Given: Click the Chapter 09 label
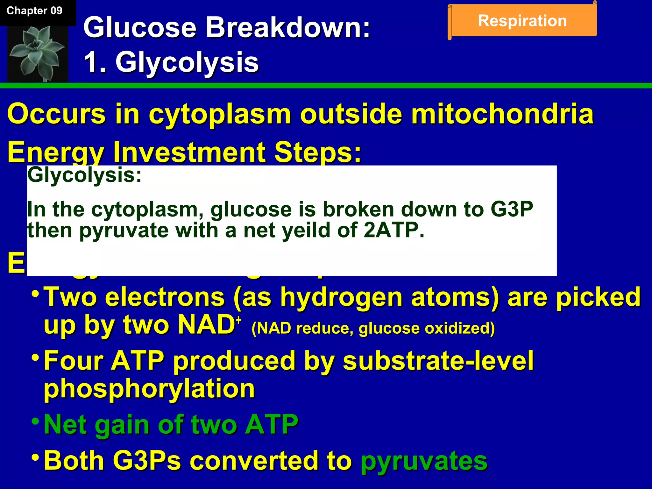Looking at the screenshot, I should (x=34, y=11).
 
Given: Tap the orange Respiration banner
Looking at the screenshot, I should (x=522, y=21).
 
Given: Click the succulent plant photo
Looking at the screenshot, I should (x=38, y=53).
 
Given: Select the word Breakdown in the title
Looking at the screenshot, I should (x=288, y=28).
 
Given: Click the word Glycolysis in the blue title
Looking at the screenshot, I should (x=187, y=62).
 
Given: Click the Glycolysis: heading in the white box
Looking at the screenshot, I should (x=84, y=175).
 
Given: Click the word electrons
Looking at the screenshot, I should (x=165, y=297).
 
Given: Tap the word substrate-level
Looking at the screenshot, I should (x=438, y=361).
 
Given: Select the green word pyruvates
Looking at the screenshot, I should (x=424, y=461).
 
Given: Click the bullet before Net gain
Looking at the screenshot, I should (x=36, y=422).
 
